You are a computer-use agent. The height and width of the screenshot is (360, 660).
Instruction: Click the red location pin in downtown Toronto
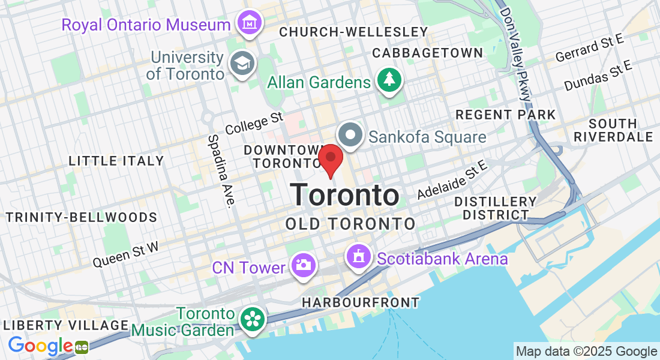coord(330,160)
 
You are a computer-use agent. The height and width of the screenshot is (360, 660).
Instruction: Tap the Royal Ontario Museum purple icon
coord(248,23)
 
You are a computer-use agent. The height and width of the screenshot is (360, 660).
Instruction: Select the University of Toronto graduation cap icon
coord(243,64)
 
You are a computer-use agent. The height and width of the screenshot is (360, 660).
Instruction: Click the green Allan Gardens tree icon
coord(389,80)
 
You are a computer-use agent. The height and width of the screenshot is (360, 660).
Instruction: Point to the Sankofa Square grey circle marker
coord(350,135)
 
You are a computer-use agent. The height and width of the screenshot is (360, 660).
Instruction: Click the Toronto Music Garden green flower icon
coord(252,319)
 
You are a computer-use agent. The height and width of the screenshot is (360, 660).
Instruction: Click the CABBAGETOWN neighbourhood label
coord(427,53)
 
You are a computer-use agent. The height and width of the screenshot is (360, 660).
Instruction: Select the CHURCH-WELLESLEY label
coord(353,31)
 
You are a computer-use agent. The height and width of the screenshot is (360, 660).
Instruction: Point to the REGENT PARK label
coord(506,114)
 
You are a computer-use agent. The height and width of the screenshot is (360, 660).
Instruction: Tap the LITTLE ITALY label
coord(116,161)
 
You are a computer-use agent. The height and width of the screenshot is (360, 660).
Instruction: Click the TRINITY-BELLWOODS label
coord(82,217)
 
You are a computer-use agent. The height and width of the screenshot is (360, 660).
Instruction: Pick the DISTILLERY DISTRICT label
coord(495,208)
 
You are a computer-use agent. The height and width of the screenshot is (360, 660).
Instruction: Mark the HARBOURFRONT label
coord(361,302)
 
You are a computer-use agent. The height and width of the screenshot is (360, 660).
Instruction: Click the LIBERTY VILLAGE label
coord(66,325)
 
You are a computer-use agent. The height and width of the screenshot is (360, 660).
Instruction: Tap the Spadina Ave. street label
coord(220,171)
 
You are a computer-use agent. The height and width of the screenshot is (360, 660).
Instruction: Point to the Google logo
coord(40,346)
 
